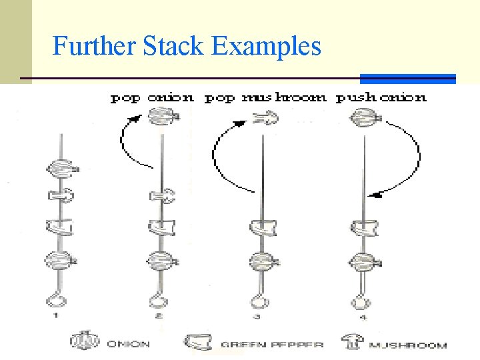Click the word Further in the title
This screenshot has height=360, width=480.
[x=94, y=47]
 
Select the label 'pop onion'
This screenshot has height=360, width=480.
[x=152, y=97]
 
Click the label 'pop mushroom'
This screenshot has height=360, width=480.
[x=265, y=97]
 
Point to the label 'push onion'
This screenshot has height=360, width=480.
[x=381, y=97]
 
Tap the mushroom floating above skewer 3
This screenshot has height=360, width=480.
[x=265, y=119]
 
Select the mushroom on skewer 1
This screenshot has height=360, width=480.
[x=61, y=195]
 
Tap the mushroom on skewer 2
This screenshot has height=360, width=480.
[x=161, y=196]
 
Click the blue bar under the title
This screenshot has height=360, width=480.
[x=408, y=79]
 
